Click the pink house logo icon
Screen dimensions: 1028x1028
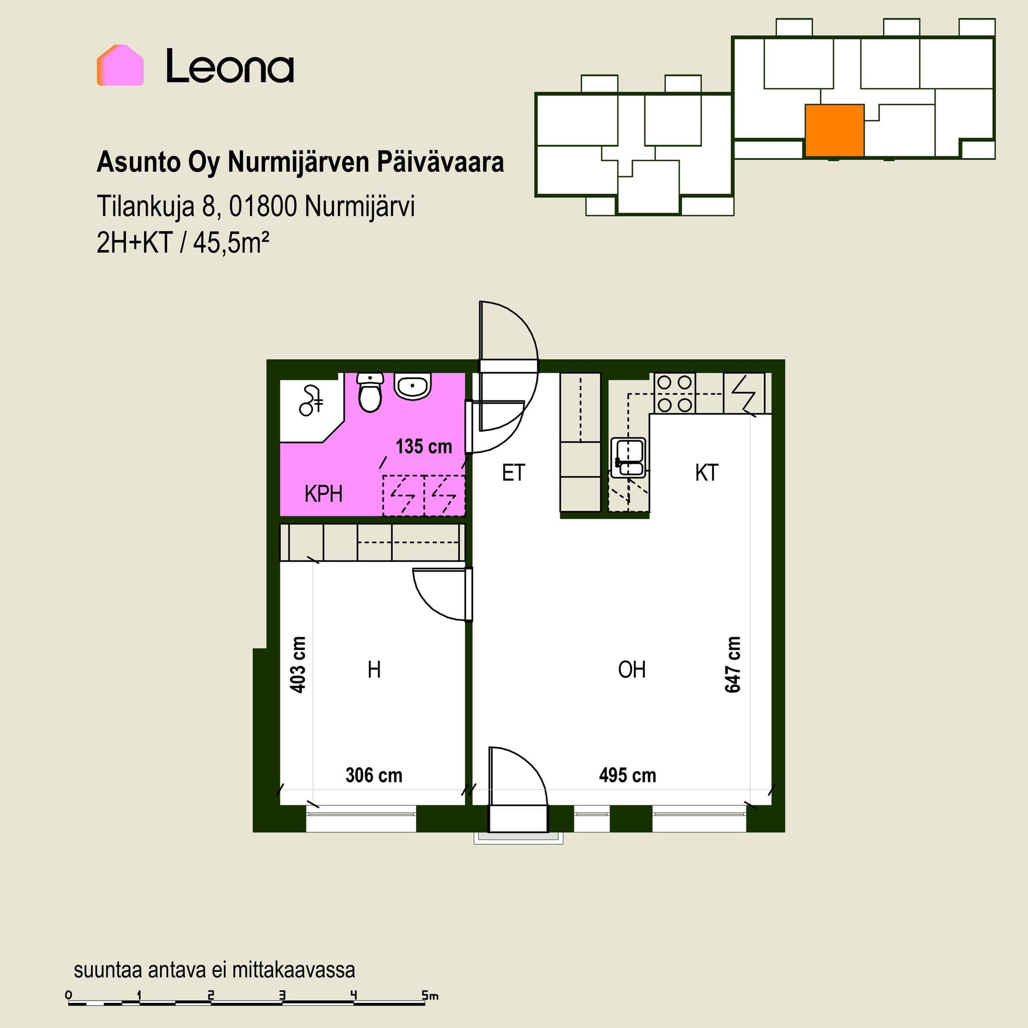(x=120, y=65)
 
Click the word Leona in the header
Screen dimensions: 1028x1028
(x=230, y=66)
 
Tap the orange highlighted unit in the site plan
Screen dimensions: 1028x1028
(x=834, y=130)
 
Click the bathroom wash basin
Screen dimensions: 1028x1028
(x=412, y=386)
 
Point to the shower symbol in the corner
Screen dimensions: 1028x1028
(x=311, y=400)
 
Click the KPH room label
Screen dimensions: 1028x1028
(x=323, y=494)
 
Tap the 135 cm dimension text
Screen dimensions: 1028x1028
(x=424, y=446)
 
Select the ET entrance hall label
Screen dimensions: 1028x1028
(x=513, y=473)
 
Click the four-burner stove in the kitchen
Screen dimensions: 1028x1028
(x=675, y=393)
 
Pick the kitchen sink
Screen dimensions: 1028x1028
(x=629, y=458)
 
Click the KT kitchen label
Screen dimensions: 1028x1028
(x=706, y=473)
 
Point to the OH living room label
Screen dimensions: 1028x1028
(x=632, y=669)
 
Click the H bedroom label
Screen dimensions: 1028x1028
(x=374, y=669)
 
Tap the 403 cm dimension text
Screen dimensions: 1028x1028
(x=298, y=664)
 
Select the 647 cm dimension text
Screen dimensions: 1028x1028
(x=732, y=664)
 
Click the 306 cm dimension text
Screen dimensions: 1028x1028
(x=374, y=775)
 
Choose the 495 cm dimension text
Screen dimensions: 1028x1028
(x=628, y=775)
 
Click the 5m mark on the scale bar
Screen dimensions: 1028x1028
(x=430, y=995)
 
